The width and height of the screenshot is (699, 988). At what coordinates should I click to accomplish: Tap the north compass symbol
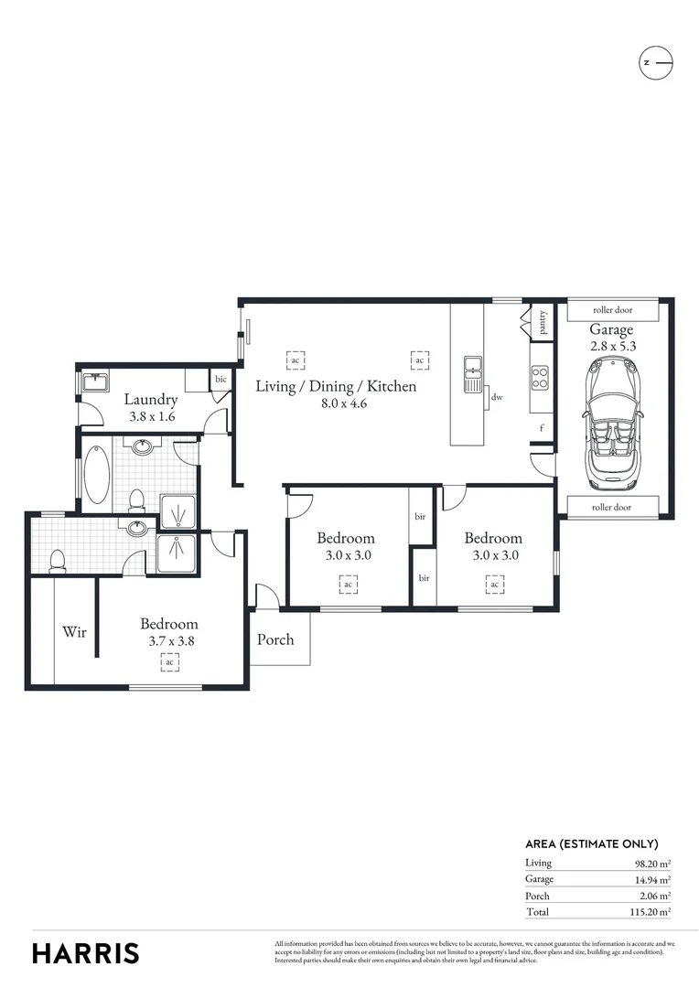point(655,62)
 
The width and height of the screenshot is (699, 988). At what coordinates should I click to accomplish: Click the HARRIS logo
point(86,952)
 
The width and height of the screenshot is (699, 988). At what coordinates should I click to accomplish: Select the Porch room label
point(275,639)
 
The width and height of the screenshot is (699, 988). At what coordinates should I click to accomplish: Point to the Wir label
point(74,631)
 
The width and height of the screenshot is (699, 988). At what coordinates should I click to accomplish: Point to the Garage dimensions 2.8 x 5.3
point(611,346)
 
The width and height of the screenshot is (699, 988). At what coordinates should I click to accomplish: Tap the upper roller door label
point(611,311)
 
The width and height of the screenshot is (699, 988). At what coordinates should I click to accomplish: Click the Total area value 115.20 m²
point(651,912)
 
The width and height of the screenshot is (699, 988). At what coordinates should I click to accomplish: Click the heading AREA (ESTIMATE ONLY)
point(591,844)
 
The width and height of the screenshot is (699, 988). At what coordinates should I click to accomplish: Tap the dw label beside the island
point(497,397)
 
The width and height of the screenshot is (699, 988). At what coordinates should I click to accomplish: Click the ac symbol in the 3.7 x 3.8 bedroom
point(168,662)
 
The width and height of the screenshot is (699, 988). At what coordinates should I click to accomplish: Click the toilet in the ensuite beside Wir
point(56,560)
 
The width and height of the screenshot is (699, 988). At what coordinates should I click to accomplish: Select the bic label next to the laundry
point(220,379)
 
